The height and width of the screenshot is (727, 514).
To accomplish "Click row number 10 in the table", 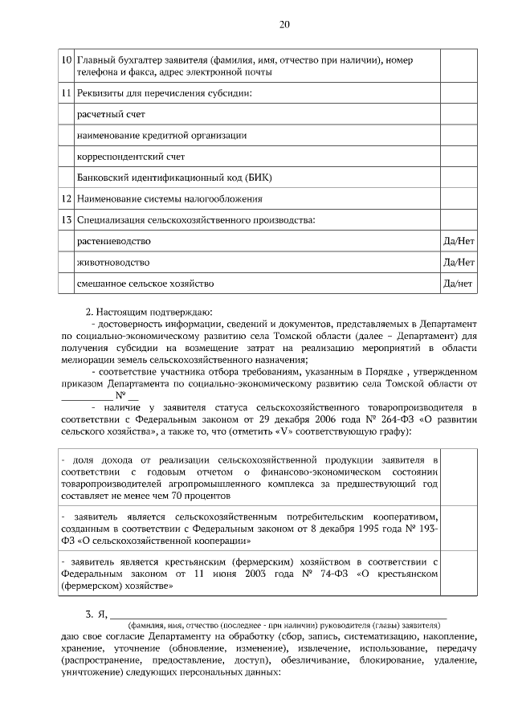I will click(66, 59).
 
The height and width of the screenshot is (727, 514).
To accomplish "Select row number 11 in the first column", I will click(66, 95).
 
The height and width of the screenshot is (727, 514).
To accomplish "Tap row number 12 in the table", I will click(66, 198).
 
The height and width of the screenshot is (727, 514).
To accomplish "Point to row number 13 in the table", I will click(66, 219).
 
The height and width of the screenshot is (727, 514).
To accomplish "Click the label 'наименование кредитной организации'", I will click(161, 136).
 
